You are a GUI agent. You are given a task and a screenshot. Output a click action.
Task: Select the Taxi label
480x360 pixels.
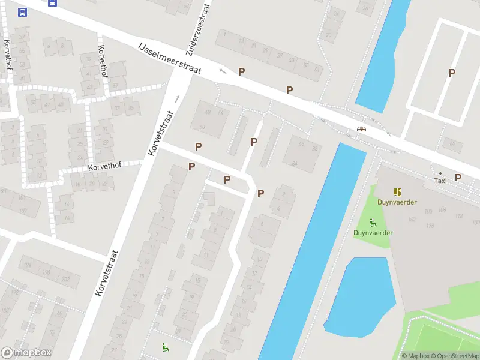pyautogui.click(x=440, y=181)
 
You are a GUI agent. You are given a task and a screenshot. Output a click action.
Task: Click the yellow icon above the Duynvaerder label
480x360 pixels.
pyautogui.click(x=397, y=192)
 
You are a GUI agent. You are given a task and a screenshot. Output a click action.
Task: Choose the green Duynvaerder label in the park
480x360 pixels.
pyautogui.click(x=373, y=232)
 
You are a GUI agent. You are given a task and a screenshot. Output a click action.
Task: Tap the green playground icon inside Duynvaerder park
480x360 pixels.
pyautogui.click(x=373, y=222)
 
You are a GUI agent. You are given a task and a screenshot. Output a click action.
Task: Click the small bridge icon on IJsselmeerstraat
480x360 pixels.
pyautogui.click(x=361, y=130)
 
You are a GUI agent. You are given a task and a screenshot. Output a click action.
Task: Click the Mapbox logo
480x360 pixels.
pyautogui.click(x=26, y=353)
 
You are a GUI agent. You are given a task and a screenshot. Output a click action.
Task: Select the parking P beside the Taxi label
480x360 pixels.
pyautogui.click(x=458, y=177)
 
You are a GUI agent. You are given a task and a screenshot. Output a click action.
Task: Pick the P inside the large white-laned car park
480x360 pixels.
pyautogui.click(x=452, y=73)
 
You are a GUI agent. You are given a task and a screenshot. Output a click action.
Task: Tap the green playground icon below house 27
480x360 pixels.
pyautogui.click(x=165, y=346)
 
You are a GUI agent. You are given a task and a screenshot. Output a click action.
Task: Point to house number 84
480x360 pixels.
pyautogui.click(x=294, y=163)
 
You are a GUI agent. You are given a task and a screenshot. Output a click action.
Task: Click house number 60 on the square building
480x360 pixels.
pyautogui.click(x=202, y=127)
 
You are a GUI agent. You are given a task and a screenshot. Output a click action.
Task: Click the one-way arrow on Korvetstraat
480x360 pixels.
pyautogui.click(x=177, y=98)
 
